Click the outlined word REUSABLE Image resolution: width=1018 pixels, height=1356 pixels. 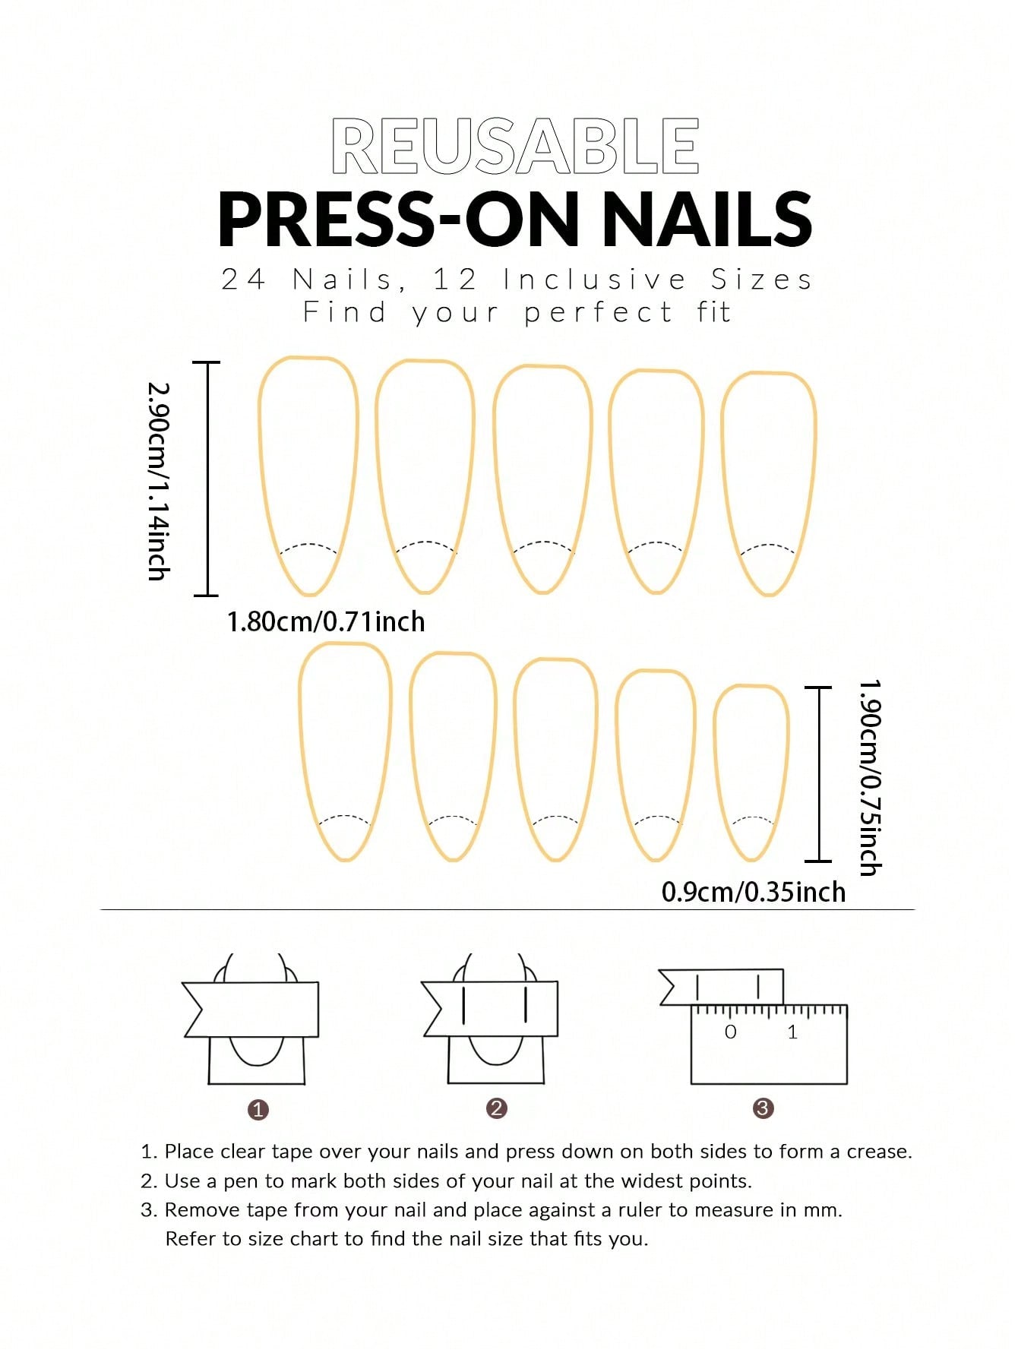tap(515, 146)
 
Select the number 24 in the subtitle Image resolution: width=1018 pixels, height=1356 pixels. tap(243, 280)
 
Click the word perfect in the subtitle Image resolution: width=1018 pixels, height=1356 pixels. tap(598, 312)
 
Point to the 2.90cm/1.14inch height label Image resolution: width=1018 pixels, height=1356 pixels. tap(159, 481)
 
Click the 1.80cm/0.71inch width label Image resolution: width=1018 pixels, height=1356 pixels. tap(326, 621)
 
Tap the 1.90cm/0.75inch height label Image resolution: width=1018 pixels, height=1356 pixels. tap(870, 777)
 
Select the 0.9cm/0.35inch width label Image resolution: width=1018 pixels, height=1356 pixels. tap(754, 891)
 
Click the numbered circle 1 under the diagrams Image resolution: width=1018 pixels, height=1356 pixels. tap(258, 1110)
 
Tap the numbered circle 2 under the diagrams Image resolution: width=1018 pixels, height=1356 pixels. tap(497, 1108)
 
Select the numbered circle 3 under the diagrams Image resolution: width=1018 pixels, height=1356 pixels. tap(763, 1108)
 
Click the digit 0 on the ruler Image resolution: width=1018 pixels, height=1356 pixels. tap(731, 1032)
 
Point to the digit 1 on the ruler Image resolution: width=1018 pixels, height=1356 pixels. tap(792, 1032)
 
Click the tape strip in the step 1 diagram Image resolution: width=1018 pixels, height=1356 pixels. tap(251, 1010)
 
